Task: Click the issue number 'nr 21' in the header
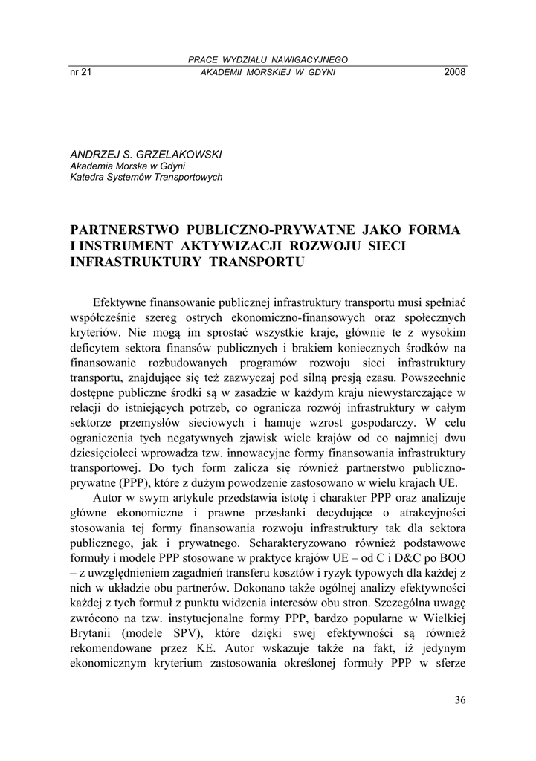point(80,72)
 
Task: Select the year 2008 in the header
point(454,72)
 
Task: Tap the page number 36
point(459,699)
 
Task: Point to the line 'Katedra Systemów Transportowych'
point(146,177)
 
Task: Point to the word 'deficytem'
point(93,352)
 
